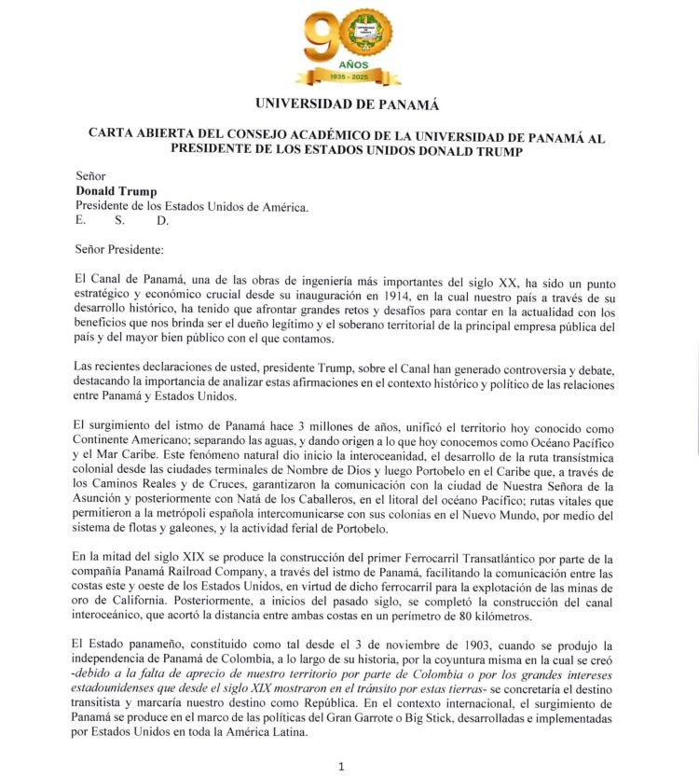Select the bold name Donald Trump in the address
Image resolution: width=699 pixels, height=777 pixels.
(116, 191)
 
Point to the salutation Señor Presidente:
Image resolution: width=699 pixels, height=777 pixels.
(119, 249)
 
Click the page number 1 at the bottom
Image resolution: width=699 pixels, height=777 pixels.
(341, 765)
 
